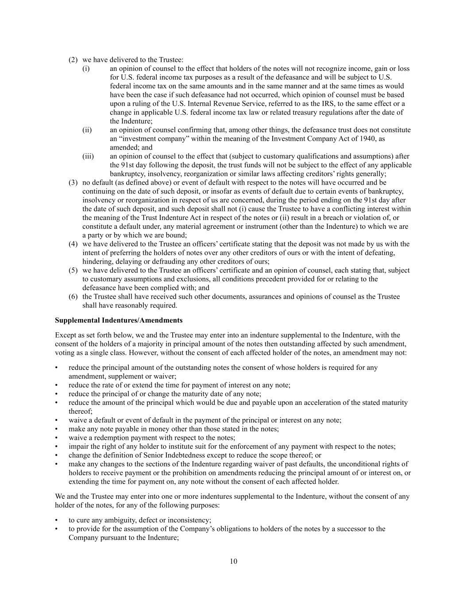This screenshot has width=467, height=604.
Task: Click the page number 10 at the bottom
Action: (x=233, y=562)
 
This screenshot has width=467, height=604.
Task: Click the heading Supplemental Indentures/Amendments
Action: (x=119, y=320)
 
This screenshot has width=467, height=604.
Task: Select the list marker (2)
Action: (x=73, y=60)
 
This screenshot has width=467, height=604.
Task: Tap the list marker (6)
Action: (x=73, y=296)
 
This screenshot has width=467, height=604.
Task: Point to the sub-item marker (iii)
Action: (x=88, y=156)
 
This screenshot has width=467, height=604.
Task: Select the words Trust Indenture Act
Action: (x=145, y=218)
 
